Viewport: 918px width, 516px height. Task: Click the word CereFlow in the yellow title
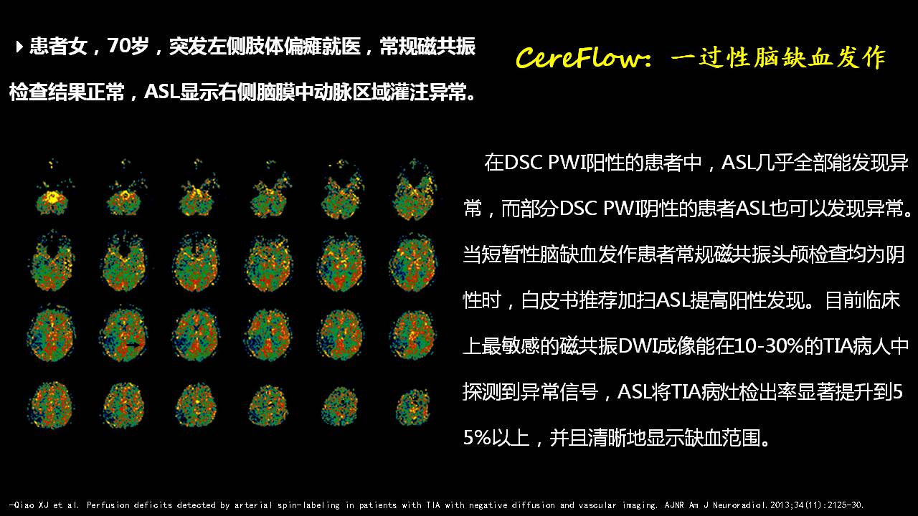click(577, 57)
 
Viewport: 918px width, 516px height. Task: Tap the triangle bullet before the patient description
click(19, 47)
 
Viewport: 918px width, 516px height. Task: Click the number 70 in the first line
click(119, 46)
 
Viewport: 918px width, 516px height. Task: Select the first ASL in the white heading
click(162, 91)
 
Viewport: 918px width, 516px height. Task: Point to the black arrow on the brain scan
click(133, 345)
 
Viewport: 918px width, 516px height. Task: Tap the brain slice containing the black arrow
click(123, 335)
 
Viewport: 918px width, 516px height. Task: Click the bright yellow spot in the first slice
click(52, 197)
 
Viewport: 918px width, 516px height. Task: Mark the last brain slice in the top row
click(414, 189)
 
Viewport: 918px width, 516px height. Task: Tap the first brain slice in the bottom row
click(51, 405)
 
